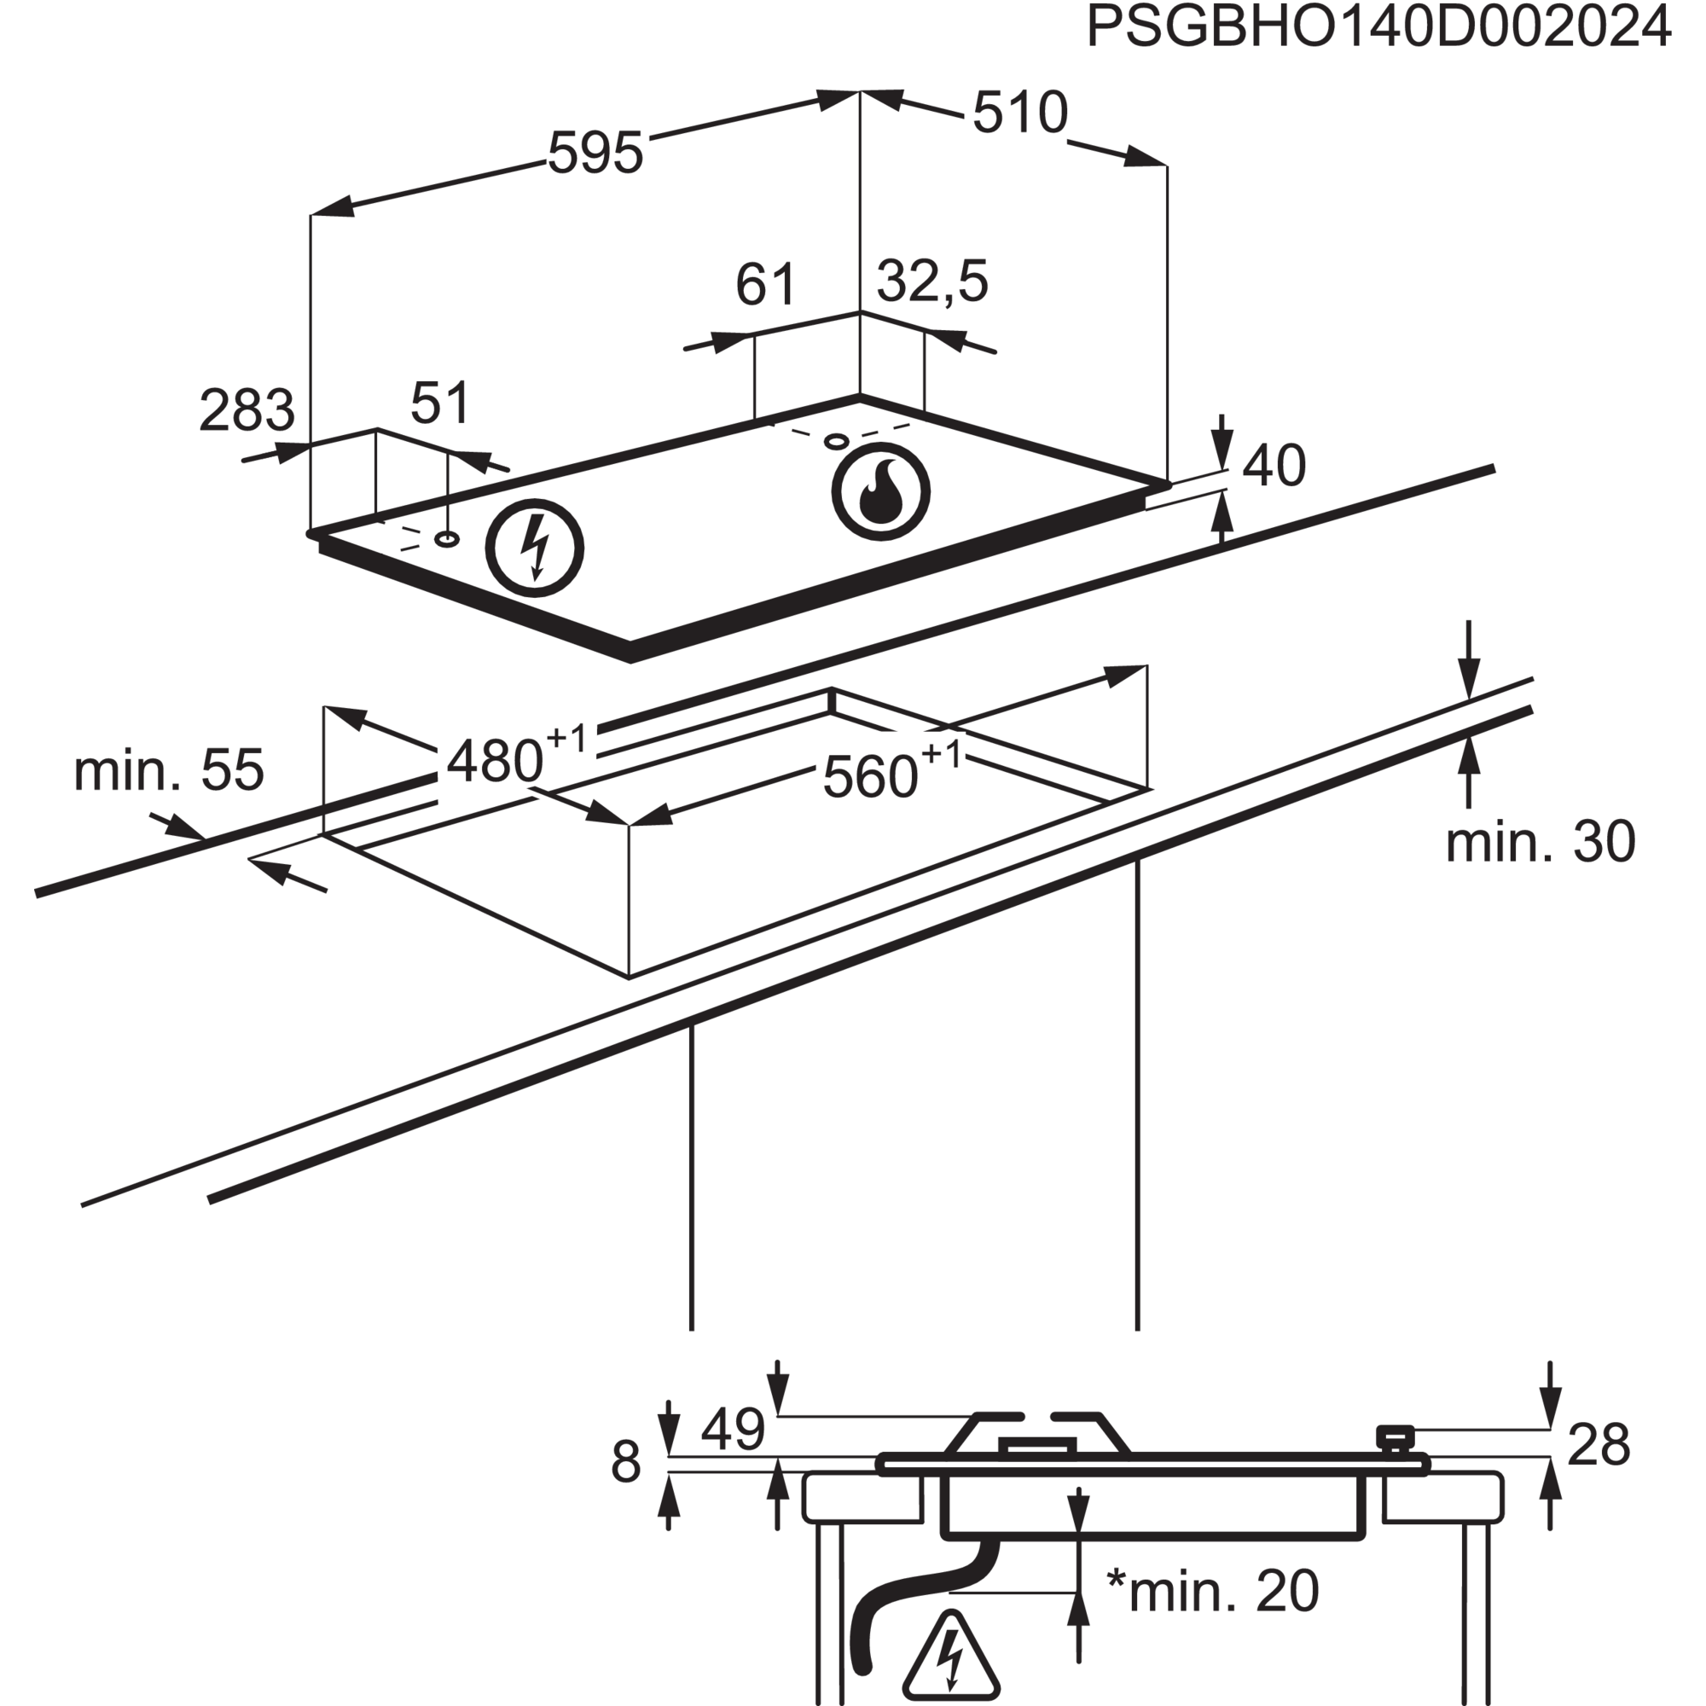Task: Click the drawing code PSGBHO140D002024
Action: [x=1378, y=27]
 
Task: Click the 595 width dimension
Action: [x=596, y=153]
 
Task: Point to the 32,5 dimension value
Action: [x=932, y=282]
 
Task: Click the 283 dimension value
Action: [x=247, y=409]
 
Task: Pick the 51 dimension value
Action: [x=441, y=403]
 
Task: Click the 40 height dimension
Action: [x=1274, y=466]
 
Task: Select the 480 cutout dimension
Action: [x=518, y=757]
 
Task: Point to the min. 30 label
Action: [x=1540, y=842]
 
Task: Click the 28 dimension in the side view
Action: [x=1599, y=1471]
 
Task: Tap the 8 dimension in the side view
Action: [x=625, y=1487]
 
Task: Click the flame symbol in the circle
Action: [x=880, y=493]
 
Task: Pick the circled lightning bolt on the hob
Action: [x=535, y=548]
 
